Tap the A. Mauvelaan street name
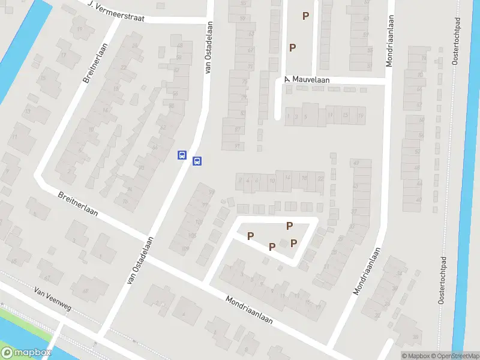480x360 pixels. [308, 79]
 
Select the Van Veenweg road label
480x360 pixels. [53, 298]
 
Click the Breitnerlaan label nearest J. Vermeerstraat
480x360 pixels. [94, 62]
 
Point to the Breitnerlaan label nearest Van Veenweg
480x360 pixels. [77, 204]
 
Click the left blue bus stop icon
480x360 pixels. [182, 155]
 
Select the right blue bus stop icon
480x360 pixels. [197, 161]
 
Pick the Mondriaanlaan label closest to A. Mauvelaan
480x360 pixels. [389, 41]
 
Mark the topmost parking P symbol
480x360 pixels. [306, 16]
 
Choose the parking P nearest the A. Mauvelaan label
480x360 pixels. [293, 47]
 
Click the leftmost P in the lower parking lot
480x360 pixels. [251, 236]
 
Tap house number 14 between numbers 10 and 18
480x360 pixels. [287, 177]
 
